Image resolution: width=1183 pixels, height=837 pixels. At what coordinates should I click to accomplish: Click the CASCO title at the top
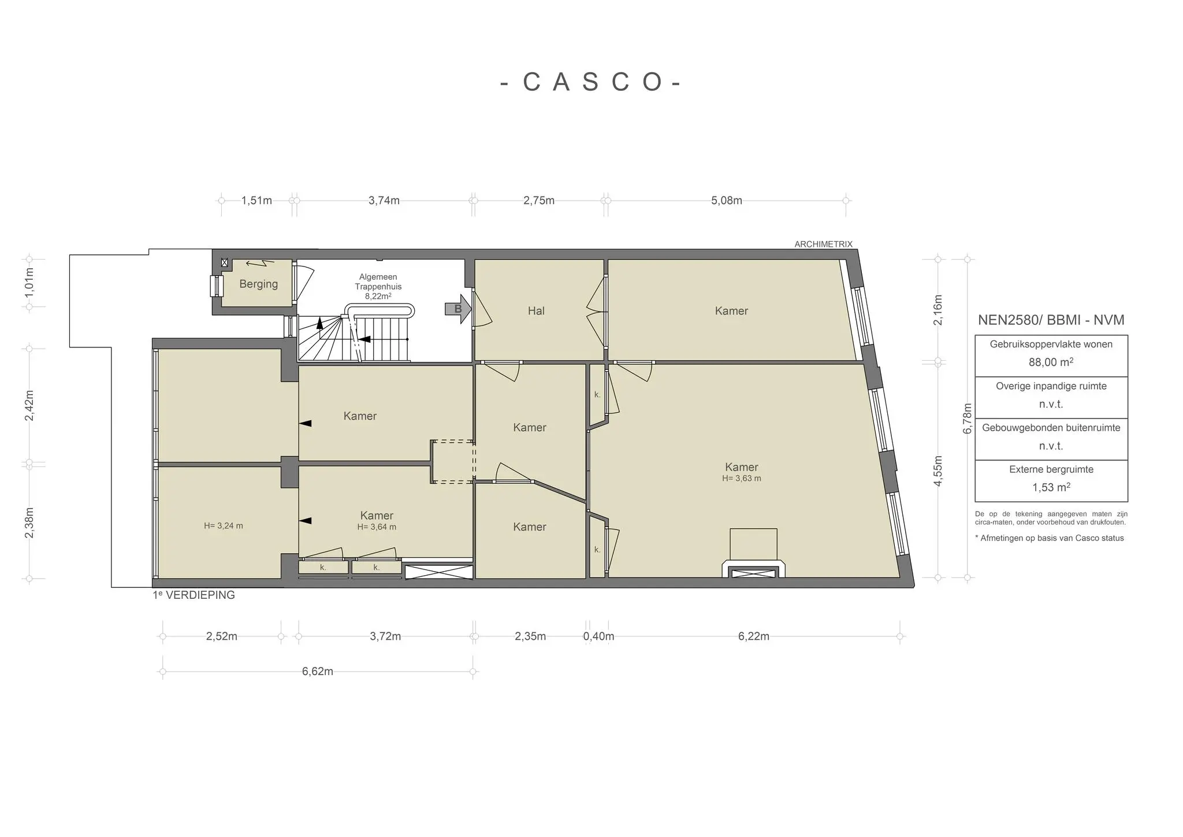(590, 82)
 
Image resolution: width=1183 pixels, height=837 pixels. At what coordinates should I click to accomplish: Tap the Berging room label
(258, 284)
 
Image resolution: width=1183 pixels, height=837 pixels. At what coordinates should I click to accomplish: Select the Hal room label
(536, 311)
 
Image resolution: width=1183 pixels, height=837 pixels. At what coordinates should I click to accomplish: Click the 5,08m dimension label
(727, 201)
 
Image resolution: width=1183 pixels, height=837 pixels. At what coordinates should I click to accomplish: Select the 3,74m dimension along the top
(384, 201)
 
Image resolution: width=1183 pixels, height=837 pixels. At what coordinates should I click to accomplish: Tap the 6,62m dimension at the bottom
(318, 672)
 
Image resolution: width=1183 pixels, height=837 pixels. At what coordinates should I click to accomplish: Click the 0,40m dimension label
(598, 636)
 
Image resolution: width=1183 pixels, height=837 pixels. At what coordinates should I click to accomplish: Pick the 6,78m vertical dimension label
(968, 418)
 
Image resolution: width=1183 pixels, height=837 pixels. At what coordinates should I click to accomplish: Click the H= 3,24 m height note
(224, 526)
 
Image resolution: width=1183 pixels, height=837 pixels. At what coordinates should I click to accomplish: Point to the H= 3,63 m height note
(742, 479)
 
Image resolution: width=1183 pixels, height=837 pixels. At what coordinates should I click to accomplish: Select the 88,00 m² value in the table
(1051, 362)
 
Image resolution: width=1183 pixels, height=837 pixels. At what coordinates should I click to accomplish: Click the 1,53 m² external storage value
(1051, 487)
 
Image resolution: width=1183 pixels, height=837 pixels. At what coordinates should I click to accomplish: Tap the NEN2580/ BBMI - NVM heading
(1051, 320)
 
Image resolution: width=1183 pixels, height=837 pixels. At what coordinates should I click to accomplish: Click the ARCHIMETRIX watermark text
(823, 245)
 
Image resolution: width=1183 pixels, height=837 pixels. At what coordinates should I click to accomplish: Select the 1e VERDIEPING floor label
(194, 595)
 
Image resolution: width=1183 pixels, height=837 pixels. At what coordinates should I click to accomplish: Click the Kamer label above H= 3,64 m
(377, 516)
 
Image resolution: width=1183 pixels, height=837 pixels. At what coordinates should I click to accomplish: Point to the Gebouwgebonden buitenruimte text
(1051, 428)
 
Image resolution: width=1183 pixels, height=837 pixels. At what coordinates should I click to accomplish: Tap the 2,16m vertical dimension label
(938, 310)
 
